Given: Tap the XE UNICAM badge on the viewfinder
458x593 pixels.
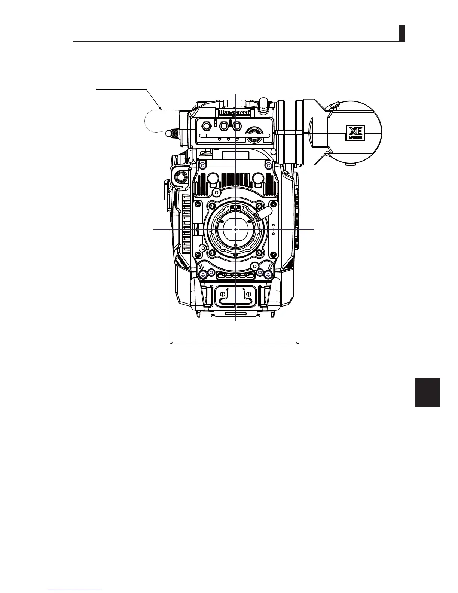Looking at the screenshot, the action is (355, 133).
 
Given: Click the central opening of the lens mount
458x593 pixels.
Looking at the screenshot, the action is (235, 229).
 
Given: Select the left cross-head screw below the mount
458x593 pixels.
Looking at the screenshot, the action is (203, 275).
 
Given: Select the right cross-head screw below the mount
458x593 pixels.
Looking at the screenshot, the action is (268, 275).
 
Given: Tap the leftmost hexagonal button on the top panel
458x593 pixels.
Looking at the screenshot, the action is (206, 126).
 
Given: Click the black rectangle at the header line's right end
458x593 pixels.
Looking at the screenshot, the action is (402, 33).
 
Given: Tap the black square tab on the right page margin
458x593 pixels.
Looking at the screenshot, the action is (428, 392).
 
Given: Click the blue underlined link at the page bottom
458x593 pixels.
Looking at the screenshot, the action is (74, 590).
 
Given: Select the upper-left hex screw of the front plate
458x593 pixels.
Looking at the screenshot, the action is (202, 165).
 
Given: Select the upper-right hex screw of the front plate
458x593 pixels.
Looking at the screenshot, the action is (268, 165).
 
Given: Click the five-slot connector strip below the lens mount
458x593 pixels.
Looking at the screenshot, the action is (235, 276).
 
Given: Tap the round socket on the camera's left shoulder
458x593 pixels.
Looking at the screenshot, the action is (180, 176).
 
